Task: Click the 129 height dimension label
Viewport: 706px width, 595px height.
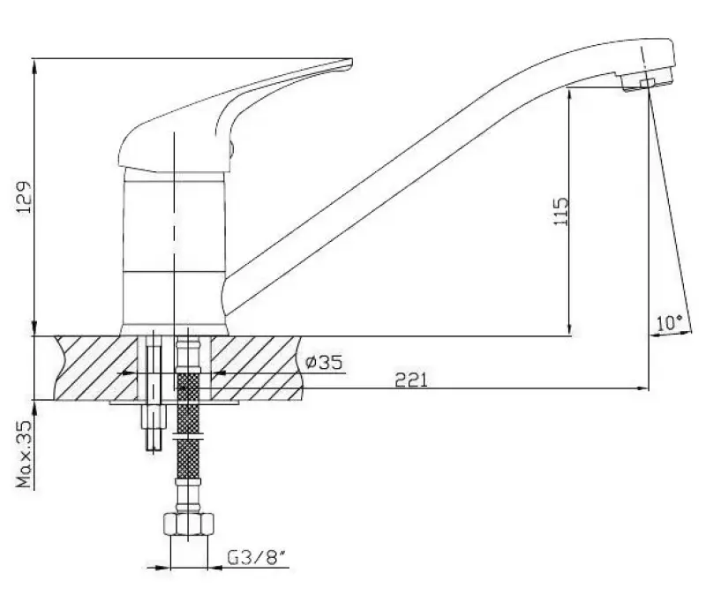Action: coord(25,197)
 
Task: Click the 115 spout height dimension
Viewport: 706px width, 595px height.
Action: coord(561,211)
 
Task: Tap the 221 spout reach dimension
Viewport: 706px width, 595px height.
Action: coord(411,380)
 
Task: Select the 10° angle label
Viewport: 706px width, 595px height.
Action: coord(669,323)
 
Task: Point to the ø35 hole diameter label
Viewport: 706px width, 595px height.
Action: coord(324,362)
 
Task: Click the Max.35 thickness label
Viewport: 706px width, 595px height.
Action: coord(25,454)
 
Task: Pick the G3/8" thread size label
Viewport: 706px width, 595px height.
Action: coord(257,558)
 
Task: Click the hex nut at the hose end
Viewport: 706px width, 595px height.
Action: coord(189,523)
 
